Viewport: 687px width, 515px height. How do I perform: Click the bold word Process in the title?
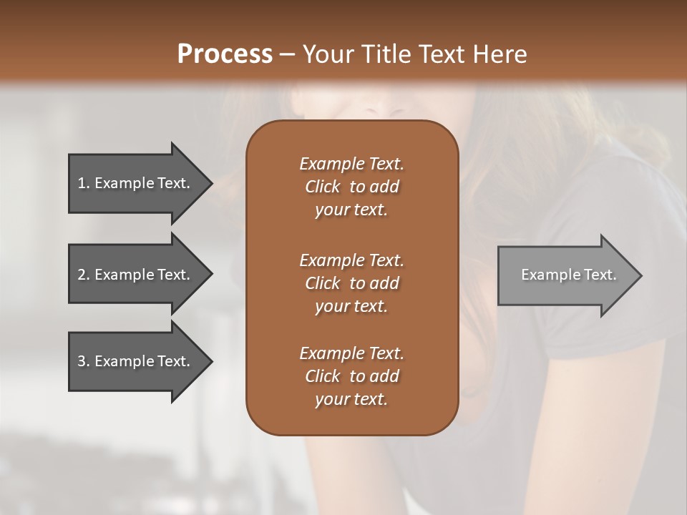point(224,54)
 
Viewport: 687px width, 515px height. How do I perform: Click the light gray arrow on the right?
point(565,275)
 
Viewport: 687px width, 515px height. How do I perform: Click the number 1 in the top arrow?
point(82,184)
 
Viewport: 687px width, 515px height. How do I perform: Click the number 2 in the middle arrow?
point(82,275)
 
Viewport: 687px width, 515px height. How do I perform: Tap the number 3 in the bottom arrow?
point(82,362)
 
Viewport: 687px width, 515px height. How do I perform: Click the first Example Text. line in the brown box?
point(351,164)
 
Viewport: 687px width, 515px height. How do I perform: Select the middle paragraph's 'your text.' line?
point(351,305)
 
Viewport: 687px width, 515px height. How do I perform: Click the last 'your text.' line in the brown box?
point(351,400)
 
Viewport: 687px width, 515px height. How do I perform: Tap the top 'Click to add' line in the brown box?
point(351,187)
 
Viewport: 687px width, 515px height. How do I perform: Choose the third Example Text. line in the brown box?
point(351,353)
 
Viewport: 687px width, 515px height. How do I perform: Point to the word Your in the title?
point(326,54)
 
